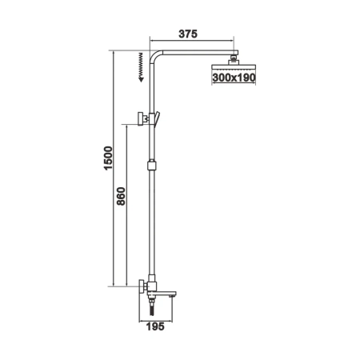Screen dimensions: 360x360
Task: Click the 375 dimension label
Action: click(187, 34)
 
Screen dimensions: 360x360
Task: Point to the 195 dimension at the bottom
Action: click(157, 327)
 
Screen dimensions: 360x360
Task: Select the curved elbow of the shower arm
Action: click(157, 57)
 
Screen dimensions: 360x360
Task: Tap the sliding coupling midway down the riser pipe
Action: click(150, 167)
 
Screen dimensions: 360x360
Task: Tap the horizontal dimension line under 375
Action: click(191, 43)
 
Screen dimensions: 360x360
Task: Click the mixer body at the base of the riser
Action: click(154, 287)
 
